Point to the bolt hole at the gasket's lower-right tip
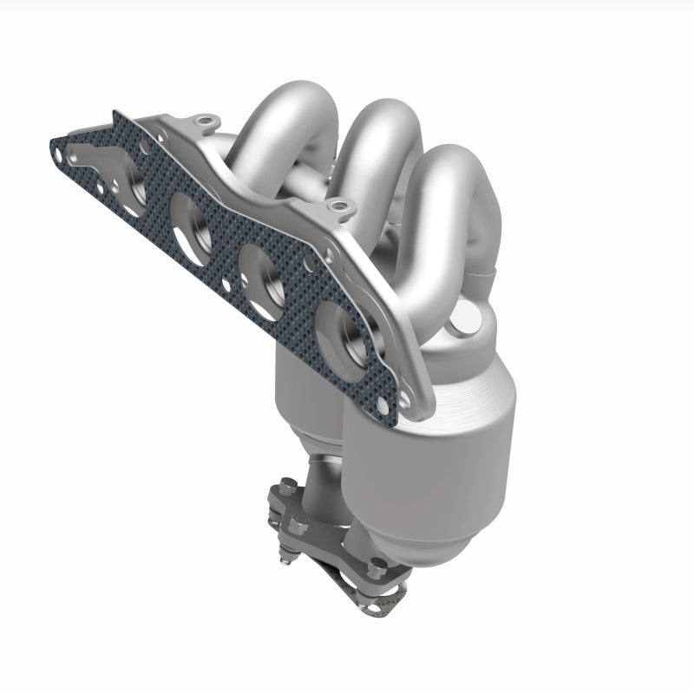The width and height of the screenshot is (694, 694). (x=404, y=401)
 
